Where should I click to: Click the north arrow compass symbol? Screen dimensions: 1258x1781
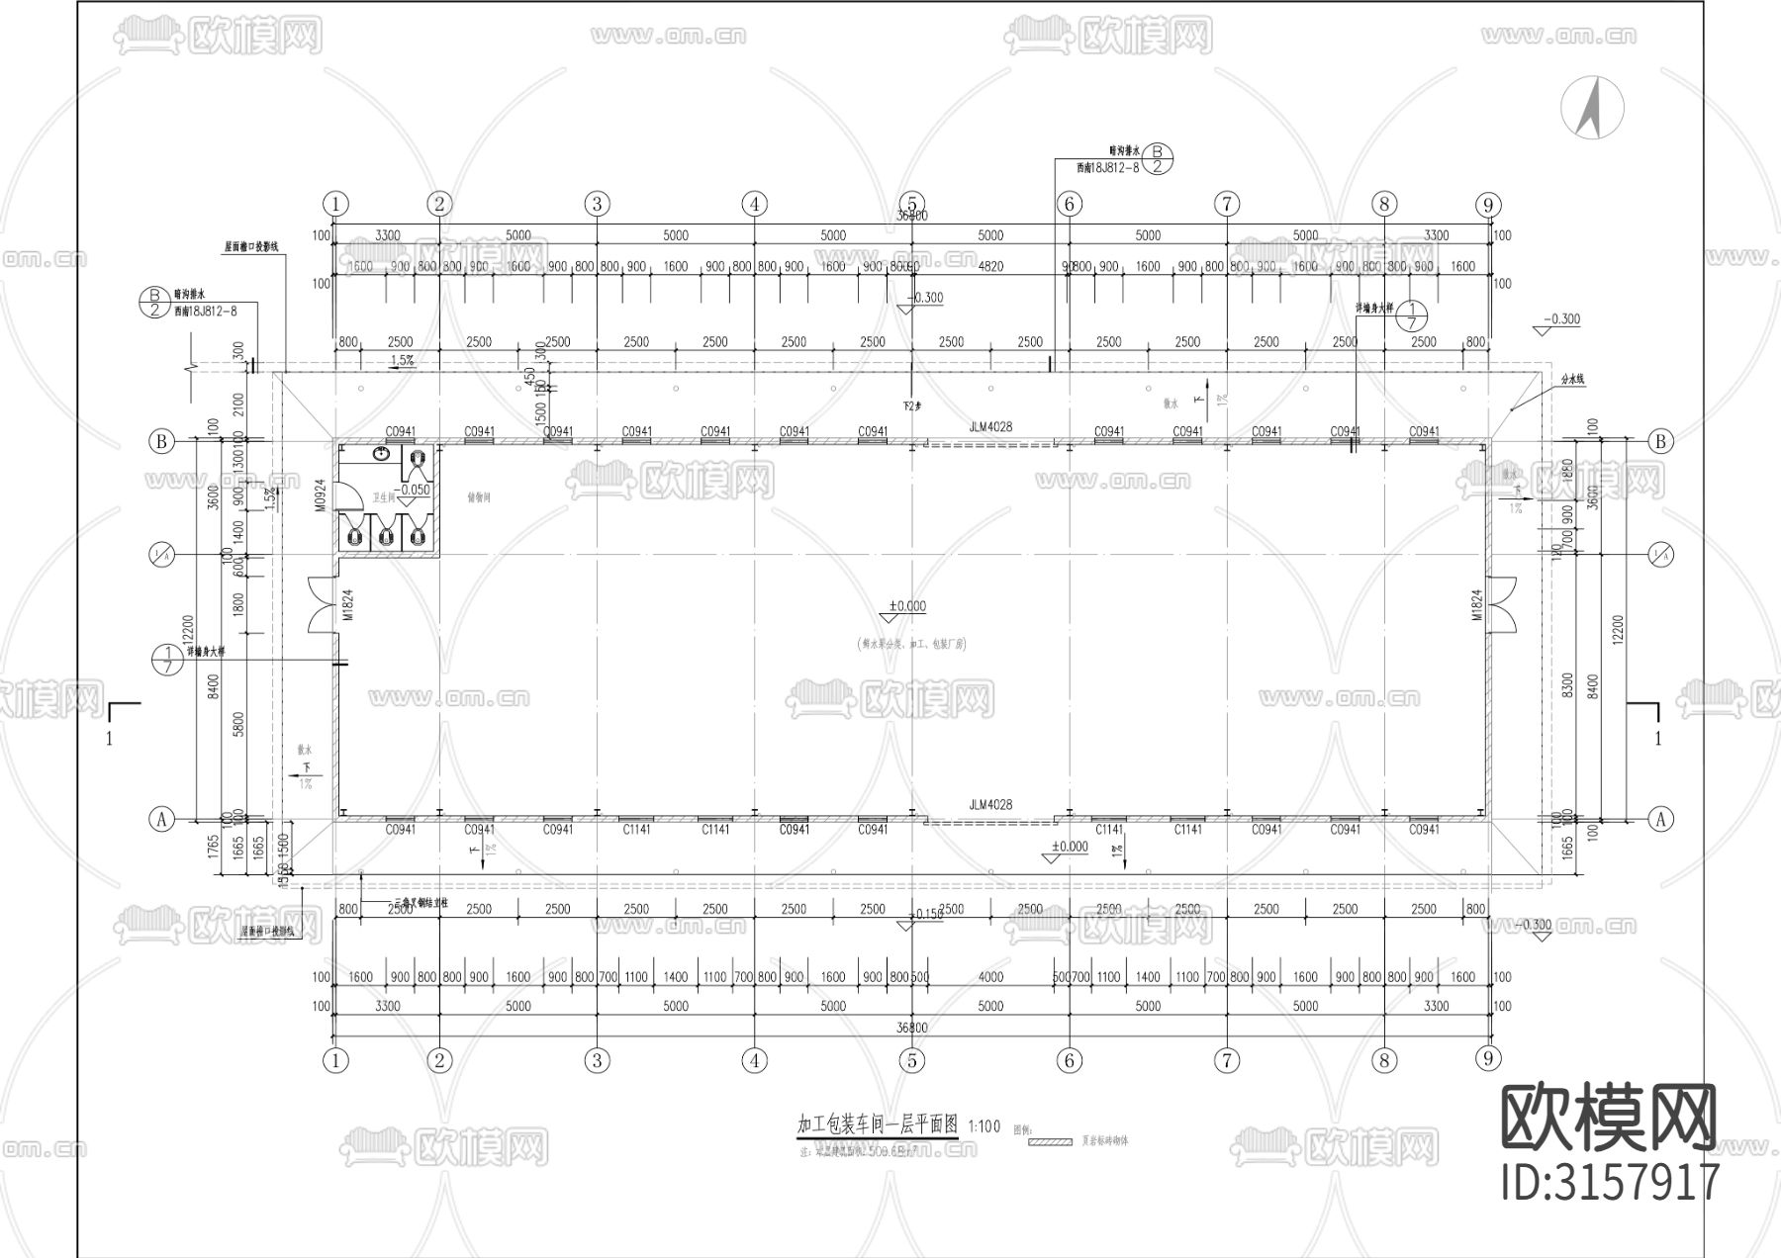coord(1592,108)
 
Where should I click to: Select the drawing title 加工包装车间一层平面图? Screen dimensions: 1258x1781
coord(878,1125)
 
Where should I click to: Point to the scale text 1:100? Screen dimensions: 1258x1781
coord(984,1126)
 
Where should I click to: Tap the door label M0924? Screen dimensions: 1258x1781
coord(321,495)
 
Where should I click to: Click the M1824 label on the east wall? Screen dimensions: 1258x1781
coord(1476,605)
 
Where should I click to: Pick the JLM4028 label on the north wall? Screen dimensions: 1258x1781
coord(990,427)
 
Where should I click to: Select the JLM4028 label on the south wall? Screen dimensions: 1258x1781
coord(990,805)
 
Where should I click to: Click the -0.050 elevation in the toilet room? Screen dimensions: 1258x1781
coord(413,490)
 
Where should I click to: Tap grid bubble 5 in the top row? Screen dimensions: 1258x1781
coord(912,204)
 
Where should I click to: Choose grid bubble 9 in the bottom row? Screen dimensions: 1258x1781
coord(1488,1059)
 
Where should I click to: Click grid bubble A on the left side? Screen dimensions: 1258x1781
coord(161,819)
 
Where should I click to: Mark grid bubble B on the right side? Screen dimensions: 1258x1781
coord(1661,441)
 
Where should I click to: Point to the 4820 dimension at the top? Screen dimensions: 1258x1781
coord(990,266)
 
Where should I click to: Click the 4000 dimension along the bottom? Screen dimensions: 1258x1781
coord(990,977)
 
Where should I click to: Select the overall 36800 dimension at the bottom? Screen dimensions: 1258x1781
coord(912,1029)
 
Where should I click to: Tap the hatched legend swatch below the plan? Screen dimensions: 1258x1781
coord(1051,1141)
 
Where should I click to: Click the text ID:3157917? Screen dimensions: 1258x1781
coord(1611,1183)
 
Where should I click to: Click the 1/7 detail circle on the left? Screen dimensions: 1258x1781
coord(167,659)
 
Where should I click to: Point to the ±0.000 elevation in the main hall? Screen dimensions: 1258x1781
coord(907,606)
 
